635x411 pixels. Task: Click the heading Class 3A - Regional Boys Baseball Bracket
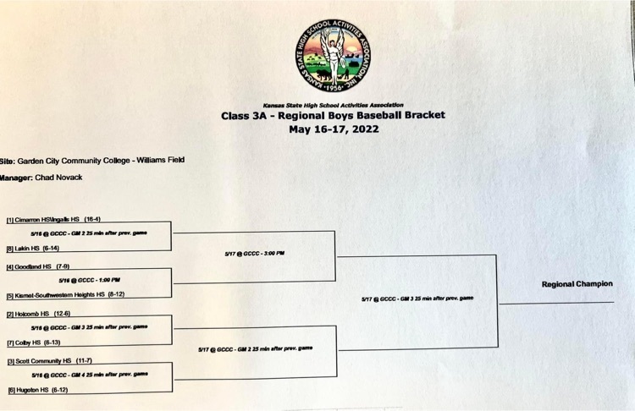[333, 115]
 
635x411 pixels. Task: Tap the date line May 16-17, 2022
[333, 129]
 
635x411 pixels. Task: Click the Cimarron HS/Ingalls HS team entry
[59, 219]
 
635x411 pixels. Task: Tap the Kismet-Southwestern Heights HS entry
[66, 295]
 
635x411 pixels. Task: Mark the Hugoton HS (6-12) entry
[39, 390]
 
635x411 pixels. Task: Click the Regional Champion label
[577, 284]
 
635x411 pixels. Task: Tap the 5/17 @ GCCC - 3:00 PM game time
[254, 253]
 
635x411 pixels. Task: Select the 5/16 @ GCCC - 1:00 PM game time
[89, 280]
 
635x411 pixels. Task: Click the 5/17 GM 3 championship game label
[417, 299]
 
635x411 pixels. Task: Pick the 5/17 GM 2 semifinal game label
[255, 348]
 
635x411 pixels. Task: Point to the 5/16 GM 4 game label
[89, 374]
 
